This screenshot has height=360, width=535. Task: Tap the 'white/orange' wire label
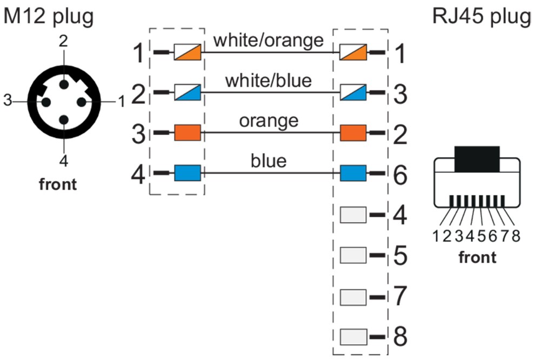[269, 40]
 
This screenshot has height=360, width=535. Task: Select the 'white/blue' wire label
[269, 81]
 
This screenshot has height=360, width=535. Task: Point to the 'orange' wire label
[269, 120]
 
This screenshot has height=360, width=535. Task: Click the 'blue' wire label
[269, 161]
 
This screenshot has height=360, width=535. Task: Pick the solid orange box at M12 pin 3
[188, 133]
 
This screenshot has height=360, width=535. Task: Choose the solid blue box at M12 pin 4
[188, 174]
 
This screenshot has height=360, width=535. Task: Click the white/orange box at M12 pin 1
[188, 52]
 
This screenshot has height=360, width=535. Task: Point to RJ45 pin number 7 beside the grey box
[400, 296]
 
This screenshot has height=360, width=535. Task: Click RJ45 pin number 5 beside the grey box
[400, 255]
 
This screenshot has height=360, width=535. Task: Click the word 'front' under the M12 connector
[58, 184]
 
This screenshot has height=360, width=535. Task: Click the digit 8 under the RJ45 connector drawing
[516, 236]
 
